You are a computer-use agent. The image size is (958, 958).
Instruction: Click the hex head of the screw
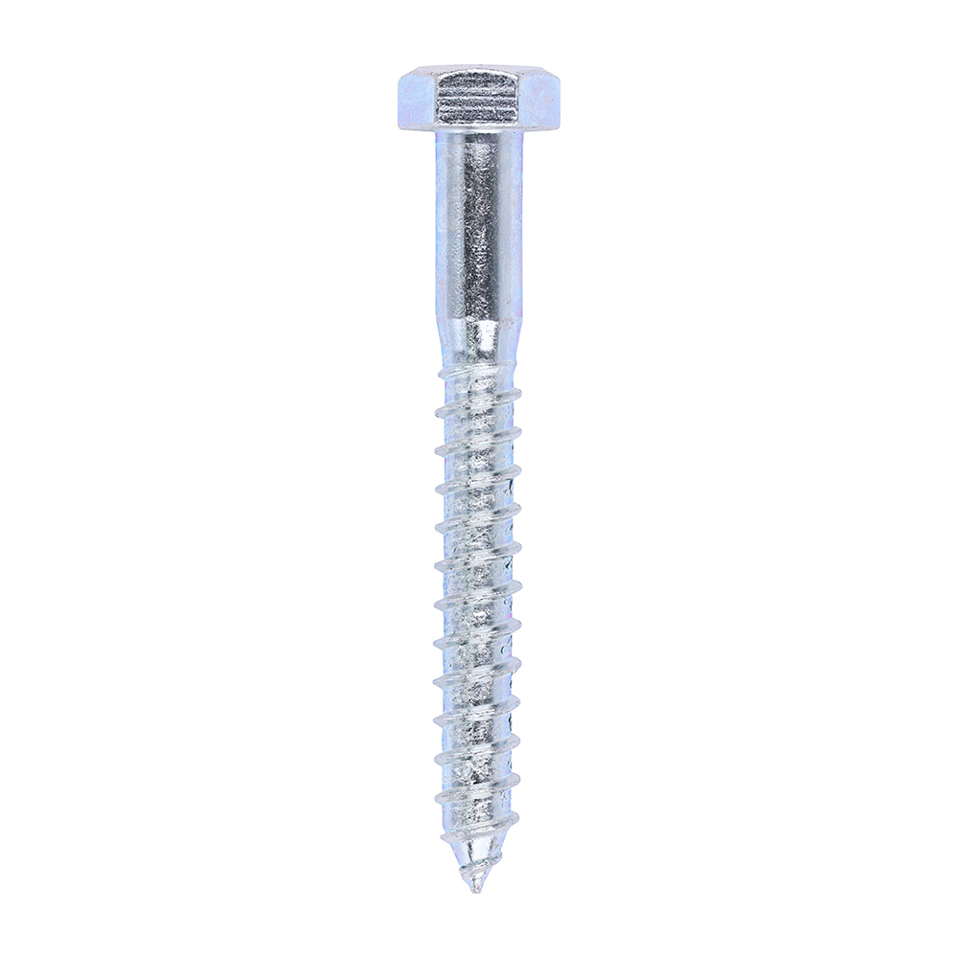478,98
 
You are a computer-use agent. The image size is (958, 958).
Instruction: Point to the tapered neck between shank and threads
478,340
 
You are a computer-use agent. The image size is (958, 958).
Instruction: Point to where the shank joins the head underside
478,133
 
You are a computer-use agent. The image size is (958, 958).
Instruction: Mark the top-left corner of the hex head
400,69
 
